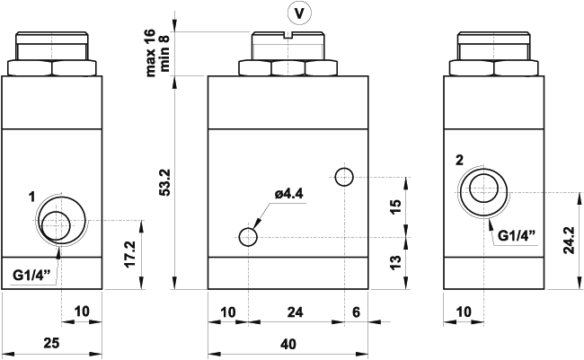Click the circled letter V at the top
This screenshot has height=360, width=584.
click(299, 13)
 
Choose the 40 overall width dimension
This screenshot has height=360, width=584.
click(287, 344)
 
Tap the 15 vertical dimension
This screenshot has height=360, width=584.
click(395, 206)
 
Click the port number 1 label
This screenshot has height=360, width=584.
click(31, 197)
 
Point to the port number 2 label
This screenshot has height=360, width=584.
click(459, 160)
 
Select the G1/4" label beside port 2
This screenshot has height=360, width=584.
click(517, 235)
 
